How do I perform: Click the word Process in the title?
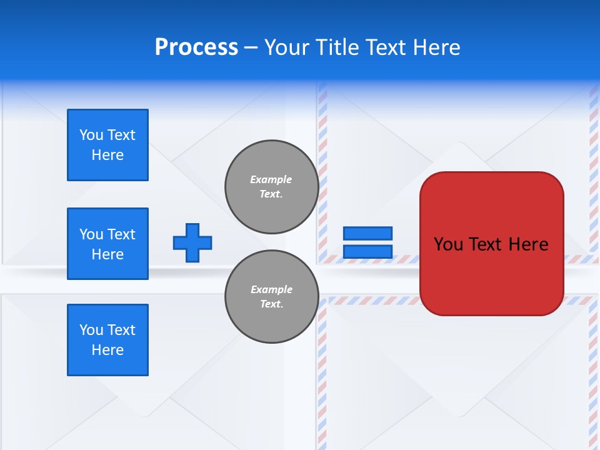point(196,47)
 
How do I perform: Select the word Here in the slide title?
point(435,47)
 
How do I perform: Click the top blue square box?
point(107,145)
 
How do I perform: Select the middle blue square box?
point(107,244)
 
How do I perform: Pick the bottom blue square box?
point(107,340)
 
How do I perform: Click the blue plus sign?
point(192,242)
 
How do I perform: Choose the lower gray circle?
point(271,296)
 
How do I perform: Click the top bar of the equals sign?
point(367,233)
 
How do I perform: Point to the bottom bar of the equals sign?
point(367,251)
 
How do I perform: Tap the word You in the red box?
point(449,244)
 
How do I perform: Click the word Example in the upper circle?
point(271,179)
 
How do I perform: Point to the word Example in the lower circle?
point(271,289)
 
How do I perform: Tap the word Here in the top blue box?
point(107,155)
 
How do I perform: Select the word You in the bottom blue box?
point(91,330)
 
